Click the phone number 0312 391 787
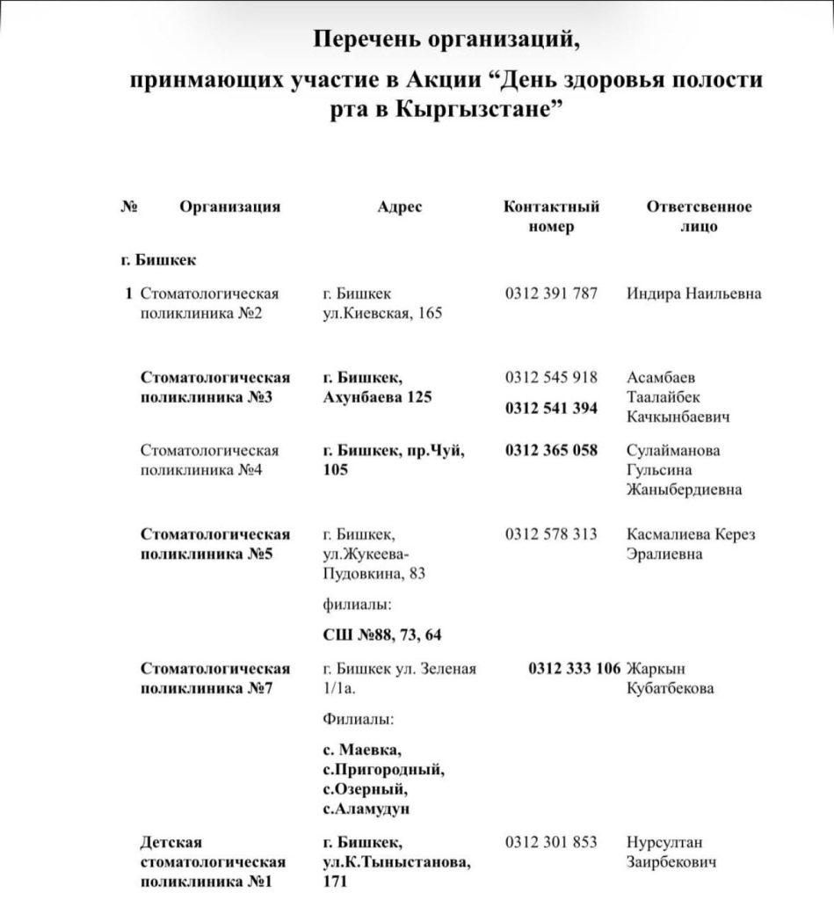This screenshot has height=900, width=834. (x=551, y=294)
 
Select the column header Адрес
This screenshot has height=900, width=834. (x=400, y=207)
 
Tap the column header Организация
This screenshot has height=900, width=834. (x=230, y=207)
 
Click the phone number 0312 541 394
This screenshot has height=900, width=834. (x=551, y=408)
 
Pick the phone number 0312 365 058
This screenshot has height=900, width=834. (x=551, y=450)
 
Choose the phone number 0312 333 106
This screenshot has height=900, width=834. (x=575, y=668)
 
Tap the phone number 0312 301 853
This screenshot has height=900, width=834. (x=551, y=842)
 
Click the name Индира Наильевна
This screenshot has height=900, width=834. (x=693, y=294)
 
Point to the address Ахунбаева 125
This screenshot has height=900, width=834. (x=378, y=397)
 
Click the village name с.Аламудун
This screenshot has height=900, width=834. (x=366, y=809)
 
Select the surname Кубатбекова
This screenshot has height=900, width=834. (x=670, y=688)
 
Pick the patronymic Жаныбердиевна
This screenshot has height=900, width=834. (x=684, y=490)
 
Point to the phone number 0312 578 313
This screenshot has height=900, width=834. (x=551, y=534)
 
